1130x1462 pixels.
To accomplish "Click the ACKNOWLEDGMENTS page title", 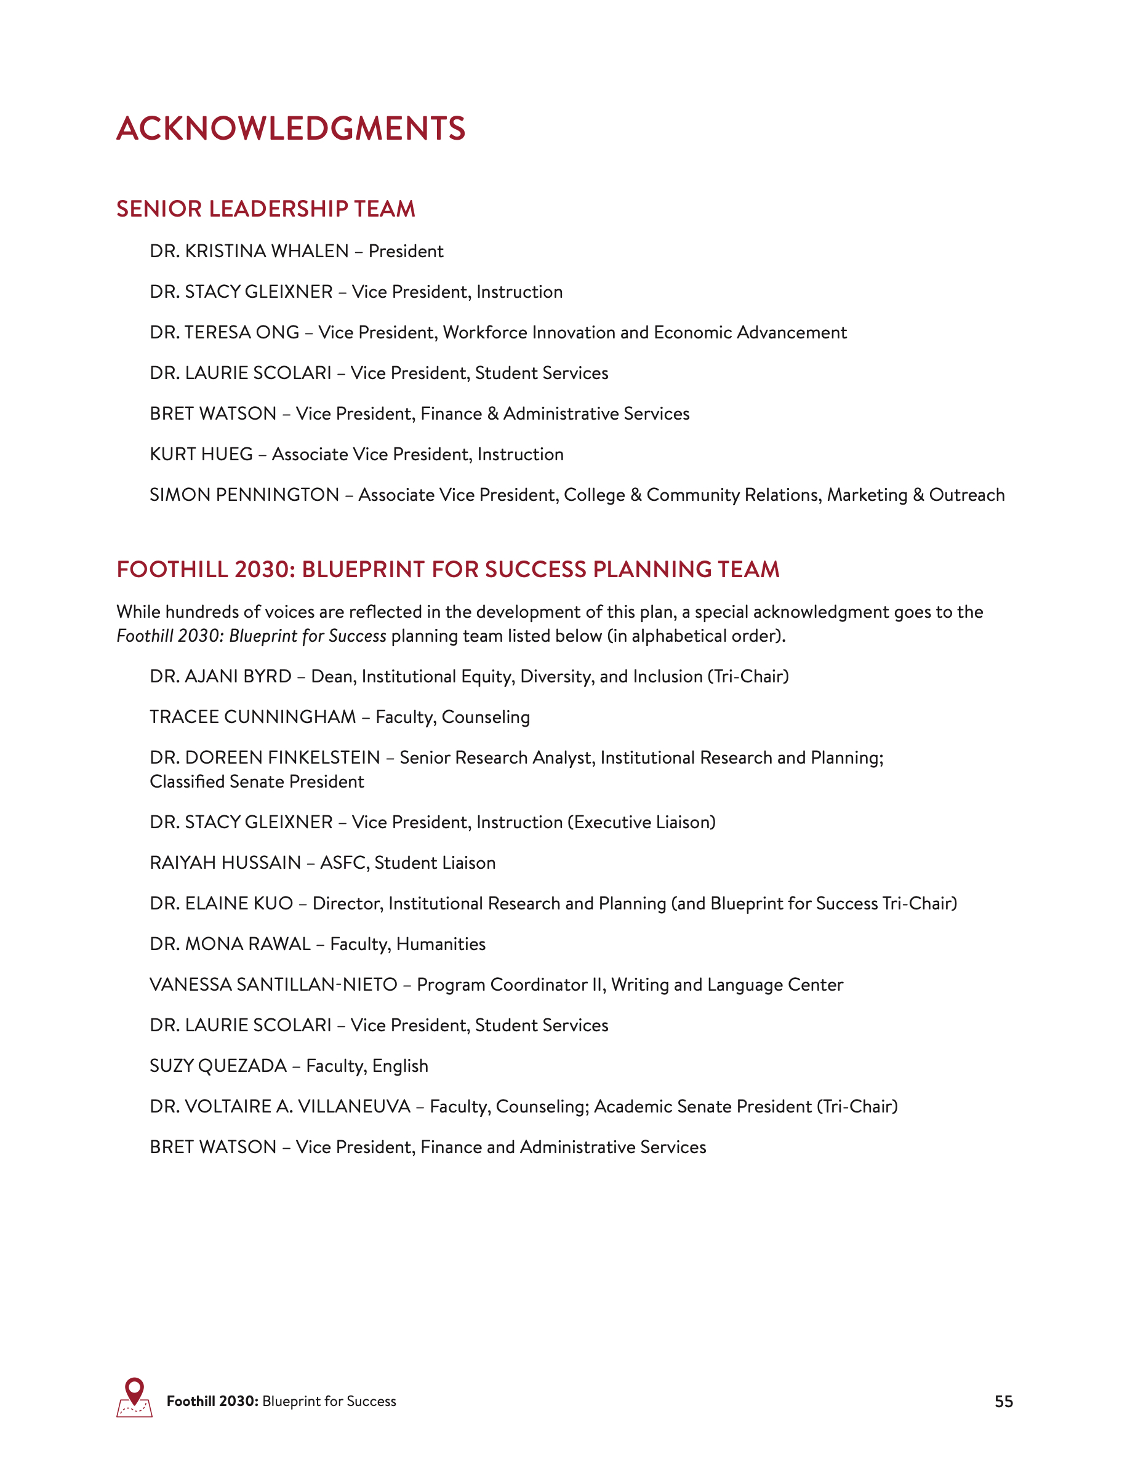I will [291, 129].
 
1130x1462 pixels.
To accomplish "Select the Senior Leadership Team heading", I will [266, 209].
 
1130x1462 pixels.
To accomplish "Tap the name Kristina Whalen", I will [266, 251].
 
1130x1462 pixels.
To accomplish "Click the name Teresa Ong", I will [242, 333].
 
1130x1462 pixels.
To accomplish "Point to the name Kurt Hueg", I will [201, 455].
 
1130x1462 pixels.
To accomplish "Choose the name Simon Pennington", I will [244, 495].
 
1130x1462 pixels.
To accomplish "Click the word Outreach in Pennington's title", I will [966, 495].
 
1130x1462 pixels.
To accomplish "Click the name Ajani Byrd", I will [238, 677].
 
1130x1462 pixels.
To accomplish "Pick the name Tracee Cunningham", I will [252, 717].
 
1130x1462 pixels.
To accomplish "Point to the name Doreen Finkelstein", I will [282, 758].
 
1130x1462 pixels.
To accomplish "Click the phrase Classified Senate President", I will [257, 782].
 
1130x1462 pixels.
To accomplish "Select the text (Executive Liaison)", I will [641, 823].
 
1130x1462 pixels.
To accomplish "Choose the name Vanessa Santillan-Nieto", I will [273, 985].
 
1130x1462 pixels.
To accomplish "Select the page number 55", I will [1003, 1402].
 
